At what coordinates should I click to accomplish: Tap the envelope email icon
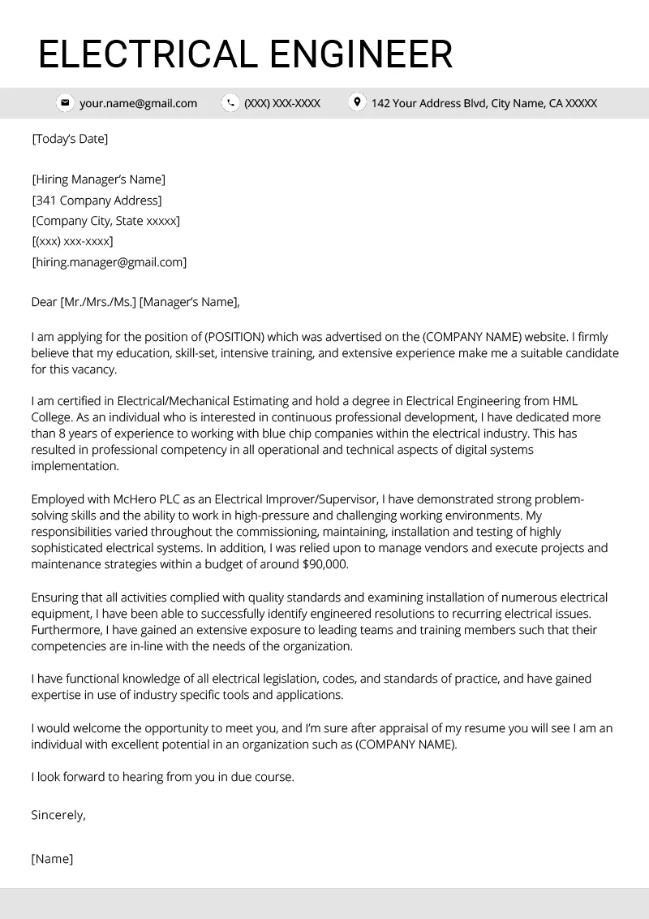coord(64,103)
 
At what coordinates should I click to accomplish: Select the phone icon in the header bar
coord(231,103)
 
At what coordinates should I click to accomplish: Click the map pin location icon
coord(356,102)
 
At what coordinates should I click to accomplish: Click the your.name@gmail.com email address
coord(138,103)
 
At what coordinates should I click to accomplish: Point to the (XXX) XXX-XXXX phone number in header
coord(282,103)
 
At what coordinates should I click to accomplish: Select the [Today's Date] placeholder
coord(70,139)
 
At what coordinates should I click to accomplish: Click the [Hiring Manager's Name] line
coord(98,179)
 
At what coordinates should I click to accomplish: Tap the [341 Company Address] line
coord(97,201)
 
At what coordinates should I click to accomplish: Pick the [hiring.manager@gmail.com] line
coord(109,262)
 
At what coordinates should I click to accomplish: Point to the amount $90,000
coord(324,565)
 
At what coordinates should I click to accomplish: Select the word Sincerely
coord(58,814)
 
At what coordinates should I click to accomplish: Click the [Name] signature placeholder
coord(52,858)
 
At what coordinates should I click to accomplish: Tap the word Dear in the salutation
coord(45,303)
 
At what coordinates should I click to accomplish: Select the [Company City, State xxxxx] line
coord(105,221)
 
